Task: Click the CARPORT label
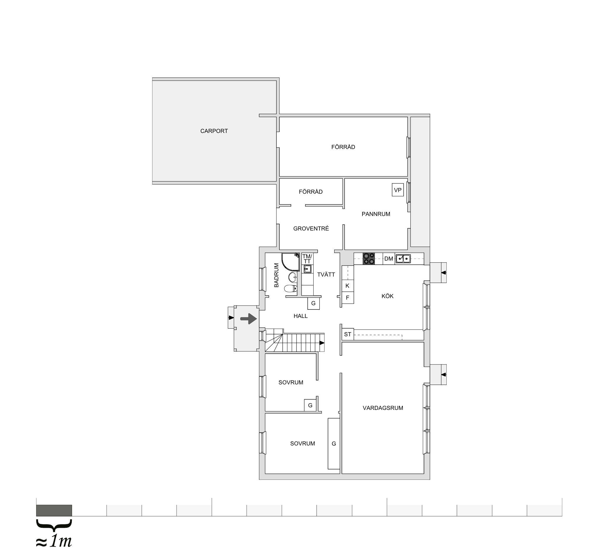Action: pos(214,131)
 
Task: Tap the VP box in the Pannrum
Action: pos(398,190)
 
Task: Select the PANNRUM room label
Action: pos(376,214)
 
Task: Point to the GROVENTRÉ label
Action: pos(311,228)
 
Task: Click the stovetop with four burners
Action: pos(369,259)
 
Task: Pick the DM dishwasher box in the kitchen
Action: pos(389,259)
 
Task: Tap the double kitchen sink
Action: pos(403,259)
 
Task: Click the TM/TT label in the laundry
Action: pos(307,259)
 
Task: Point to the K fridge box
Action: pos(347,286)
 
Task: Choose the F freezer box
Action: pos(347,298)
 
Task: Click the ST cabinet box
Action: pos(348,334)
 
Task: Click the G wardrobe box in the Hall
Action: pos(314,303)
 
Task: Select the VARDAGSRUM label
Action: pos(383,408)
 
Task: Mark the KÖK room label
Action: pos(387,296)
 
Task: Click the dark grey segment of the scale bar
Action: pos(54,510)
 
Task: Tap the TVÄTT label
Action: pos(326,275)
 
